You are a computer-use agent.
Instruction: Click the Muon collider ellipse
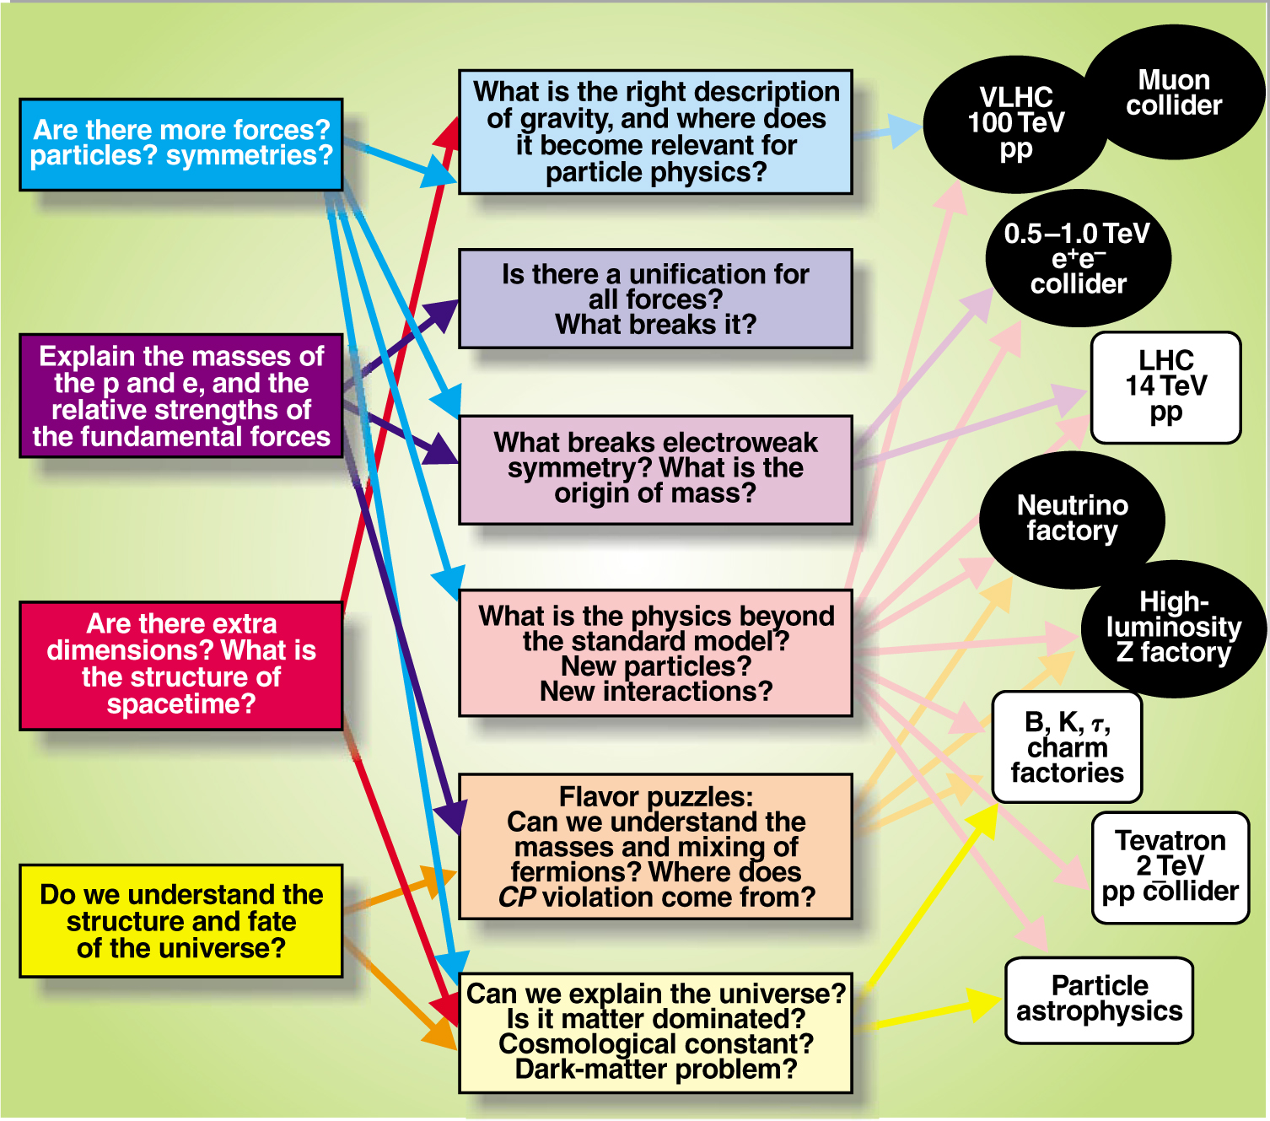point(1174,93)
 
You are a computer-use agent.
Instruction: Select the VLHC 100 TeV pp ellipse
point(1015,123)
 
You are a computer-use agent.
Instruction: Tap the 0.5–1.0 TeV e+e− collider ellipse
point(1078,258)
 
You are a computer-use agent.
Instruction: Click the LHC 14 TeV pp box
point(1165,387)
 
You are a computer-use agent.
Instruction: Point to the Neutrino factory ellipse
point(1071,518)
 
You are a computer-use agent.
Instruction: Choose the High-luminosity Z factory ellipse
point(1174,628)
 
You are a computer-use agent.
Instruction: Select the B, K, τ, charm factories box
point(1067,746)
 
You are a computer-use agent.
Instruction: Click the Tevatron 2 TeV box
point(1170,866)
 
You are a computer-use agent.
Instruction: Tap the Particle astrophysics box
point(1099,1000)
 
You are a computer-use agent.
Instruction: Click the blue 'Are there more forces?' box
point(181,144)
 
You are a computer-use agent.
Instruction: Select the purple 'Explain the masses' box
point(181,396)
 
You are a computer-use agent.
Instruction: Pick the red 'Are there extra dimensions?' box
point(181,665)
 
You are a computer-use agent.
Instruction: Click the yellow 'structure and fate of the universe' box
point(181,921)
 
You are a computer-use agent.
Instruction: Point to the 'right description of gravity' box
point(655,132)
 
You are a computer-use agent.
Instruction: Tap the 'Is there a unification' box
point(655,299)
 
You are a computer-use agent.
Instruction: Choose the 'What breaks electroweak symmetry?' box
point(655,469)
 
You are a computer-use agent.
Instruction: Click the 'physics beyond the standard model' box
point(655,653)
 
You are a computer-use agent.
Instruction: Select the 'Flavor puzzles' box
point(655,846)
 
